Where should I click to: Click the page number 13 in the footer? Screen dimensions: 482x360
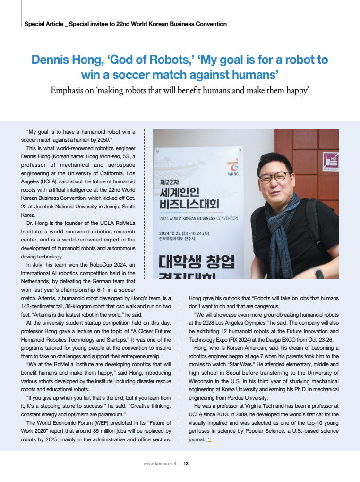(186, 464)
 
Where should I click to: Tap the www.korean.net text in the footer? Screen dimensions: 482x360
(160, 464)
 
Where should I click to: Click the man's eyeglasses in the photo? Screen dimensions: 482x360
(274, 178)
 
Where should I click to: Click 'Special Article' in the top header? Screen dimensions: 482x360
(43, 24)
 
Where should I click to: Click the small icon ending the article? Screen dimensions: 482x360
(210, 439)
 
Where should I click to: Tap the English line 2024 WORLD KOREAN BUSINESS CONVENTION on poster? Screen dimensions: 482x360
(198, 218)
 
